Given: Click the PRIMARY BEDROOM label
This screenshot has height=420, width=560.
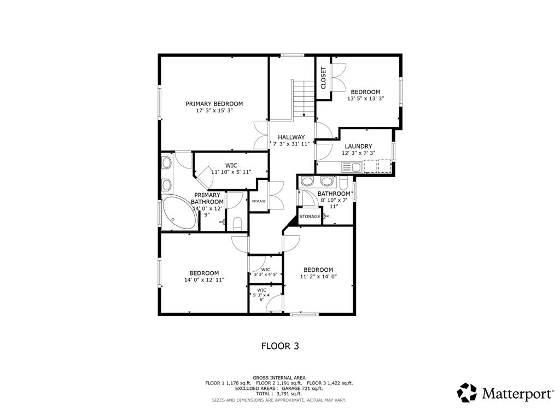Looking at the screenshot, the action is pyautogui.click(x=214, y=104).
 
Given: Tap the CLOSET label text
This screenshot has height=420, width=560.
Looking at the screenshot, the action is pyautogui.click(x=324, y=78).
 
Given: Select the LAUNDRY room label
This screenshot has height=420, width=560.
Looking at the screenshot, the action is pyautogui.click(x=358, y=146).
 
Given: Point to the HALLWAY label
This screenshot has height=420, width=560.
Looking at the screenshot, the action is pyautogui.click(x=291, y=137).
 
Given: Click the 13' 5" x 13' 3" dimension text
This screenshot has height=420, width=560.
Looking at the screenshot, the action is pyautogui.click(x=365, y=98).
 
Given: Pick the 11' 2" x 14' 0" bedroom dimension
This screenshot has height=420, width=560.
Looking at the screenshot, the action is pyautogui.click(x=319, y=276).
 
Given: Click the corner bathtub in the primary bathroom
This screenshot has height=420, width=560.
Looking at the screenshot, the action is pyautogui.click(x=179, y=213).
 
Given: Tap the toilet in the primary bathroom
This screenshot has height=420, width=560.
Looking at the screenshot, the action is pyautogui.click(x=237, y=223).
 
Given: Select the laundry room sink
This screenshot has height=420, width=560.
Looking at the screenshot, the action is pyautogui.click(x=351, y=167).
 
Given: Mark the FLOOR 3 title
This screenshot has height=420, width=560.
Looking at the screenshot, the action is pyautogui.click(x=280, y=346).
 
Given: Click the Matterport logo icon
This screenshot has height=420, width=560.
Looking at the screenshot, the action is pyautogui.click(x=467, y=393).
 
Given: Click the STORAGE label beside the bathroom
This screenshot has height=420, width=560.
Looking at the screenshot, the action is pyautogui.click(x=310, y=217).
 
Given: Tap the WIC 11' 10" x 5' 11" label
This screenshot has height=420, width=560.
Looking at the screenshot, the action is pyautogui.click(x=231, y=169).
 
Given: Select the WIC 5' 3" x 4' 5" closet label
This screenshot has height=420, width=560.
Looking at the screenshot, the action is pyautogui.click(x=265, y=272).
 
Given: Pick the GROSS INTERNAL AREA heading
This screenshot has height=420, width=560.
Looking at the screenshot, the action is pyautogui.click(x=279, y=378).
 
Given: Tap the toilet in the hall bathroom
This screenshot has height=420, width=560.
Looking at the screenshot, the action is pyautogui.click(x=343, y=183).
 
